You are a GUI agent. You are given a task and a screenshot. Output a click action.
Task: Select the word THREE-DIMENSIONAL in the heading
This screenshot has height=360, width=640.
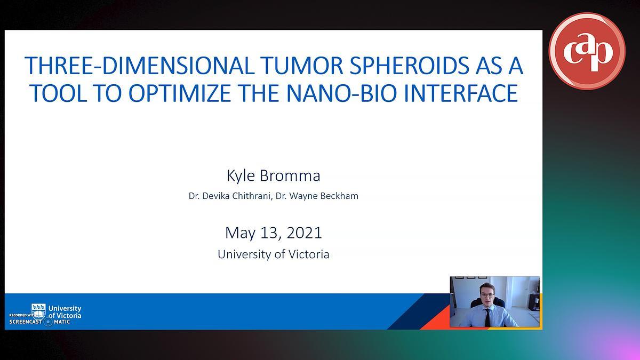click(x=139, y=66)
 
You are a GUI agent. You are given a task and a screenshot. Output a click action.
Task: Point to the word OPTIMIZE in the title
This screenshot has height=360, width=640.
click(x=179, y=93)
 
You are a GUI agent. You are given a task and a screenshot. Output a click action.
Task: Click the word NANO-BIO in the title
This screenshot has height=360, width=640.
click(x=341, y=93)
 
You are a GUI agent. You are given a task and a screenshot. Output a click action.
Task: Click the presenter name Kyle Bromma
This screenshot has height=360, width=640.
click(x=274, y=175)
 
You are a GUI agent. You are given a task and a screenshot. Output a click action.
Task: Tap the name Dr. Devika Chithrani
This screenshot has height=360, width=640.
click(x=229, y=196)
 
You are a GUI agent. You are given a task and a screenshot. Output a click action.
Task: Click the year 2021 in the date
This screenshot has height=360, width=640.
click(x=304, y=233)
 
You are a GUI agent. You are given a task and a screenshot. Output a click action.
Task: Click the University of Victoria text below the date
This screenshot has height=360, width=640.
click(x=274, y=254)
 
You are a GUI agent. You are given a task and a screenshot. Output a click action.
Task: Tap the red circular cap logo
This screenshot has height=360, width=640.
click(x=587, y=51)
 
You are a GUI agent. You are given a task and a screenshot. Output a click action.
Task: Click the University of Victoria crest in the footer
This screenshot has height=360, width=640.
click(x=38, y=311)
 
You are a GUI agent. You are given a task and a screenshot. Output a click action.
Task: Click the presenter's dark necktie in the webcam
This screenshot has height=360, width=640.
click(x=487, y=317)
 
